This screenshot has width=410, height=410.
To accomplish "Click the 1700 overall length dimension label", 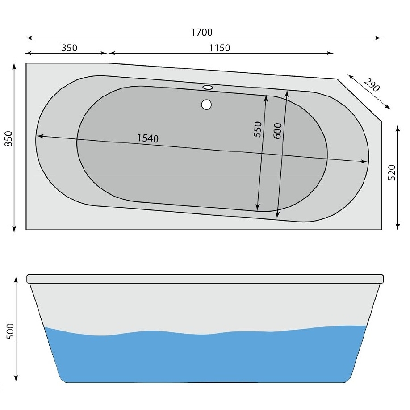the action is coord(201,33).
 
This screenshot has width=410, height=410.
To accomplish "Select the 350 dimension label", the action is coord(69,48).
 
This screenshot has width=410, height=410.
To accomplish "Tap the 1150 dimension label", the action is coord(220,48).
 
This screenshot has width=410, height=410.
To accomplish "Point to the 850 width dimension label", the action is coord(9,139).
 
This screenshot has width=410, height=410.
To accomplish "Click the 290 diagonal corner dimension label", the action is coord(372,85).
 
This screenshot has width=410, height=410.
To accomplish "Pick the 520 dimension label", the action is coord(392,172).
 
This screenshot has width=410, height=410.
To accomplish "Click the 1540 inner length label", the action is coord(148,138).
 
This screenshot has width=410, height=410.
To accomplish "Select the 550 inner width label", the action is coord(258,129).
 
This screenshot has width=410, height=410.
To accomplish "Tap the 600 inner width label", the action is coord(277,131).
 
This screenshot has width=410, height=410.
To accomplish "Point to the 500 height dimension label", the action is coord(10,331).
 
